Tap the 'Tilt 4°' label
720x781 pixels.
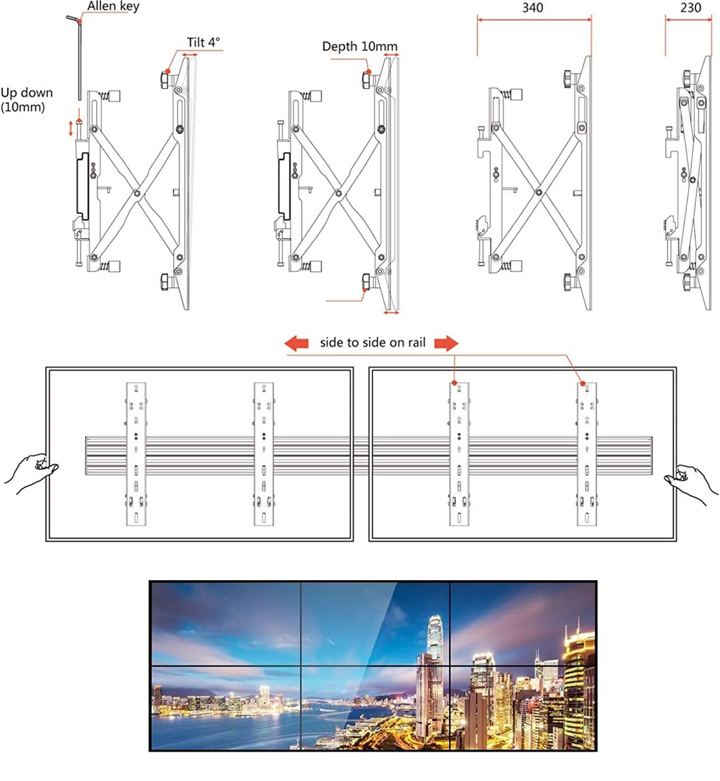pos(204,43)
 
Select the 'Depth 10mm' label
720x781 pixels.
pos(359,46)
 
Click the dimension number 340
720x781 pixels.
pos(532,8)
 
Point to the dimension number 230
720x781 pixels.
pos(690,8)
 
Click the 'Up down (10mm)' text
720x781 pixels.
pos(26,99)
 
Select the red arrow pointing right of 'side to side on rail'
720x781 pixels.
pos(446,343)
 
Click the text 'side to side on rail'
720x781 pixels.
pos(372,343)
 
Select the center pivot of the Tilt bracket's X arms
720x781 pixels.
pos(135,193)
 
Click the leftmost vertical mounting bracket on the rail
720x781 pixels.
pos(135,454)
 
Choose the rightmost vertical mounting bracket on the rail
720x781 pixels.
pos(587,454)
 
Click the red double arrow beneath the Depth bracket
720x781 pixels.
pos(391,313)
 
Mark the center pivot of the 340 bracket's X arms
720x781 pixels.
pos(538,193)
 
